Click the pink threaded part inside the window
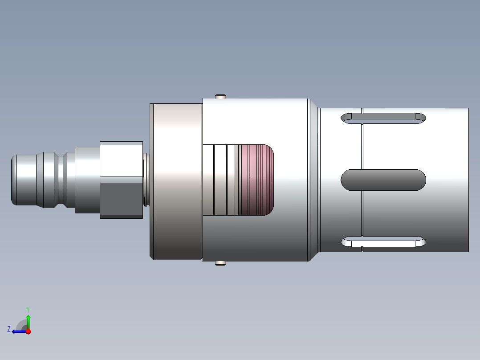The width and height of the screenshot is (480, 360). (257, 180)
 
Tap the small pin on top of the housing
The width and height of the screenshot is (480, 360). (220, 97)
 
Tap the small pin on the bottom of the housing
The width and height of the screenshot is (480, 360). (220, 263)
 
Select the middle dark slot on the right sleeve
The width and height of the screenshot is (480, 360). (383, 180)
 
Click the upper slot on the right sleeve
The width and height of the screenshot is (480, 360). (383, 118)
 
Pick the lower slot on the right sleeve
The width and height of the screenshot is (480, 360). (383, 242)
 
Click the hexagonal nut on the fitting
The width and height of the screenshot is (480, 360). (121, 180)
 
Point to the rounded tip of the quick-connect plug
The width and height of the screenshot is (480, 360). (14, 180)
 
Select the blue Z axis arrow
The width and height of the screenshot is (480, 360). (20, 331)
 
